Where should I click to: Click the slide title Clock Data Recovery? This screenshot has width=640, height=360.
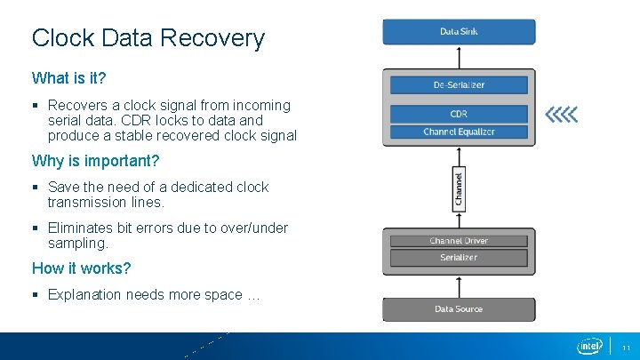tap(148, 38)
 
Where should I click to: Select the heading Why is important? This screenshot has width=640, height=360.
tap(95, 161)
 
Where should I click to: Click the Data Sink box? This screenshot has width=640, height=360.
tap(459, 32)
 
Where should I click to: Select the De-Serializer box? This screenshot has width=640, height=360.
tap(459, 85)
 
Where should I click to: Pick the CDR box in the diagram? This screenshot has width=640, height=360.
tap(459, 114)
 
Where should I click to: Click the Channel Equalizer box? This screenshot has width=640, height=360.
tap(459, 132)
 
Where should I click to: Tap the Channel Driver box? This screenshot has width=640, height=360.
tap(459, 241)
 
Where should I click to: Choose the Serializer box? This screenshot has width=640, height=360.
tap(459, 258)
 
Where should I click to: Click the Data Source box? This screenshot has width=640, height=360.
tap(459, 309)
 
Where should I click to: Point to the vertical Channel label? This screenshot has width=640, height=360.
tap(459, 188)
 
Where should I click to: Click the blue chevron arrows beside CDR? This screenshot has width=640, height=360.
tap(561, 114)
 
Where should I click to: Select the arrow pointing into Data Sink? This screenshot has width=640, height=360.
tap(459, 56)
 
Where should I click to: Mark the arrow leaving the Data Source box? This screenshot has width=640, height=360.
tap(459, 286)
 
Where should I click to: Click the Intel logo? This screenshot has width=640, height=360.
tap(590, 345)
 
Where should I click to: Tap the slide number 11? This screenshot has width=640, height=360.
tap(626, 347)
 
